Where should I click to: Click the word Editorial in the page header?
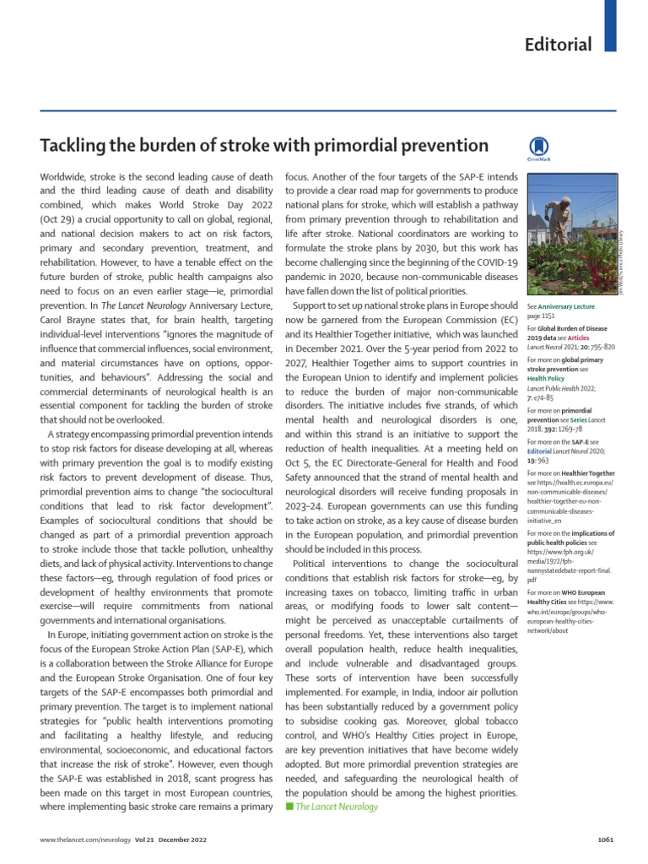(x=559, y=44)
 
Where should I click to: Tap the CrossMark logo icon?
(x=537, y=147)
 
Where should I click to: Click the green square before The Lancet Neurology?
(x=289, y=807)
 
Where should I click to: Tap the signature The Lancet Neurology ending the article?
(x=336, y=807)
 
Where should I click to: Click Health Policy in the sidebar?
(x=547, y=379)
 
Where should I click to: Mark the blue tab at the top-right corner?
(x=611, y=25)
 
